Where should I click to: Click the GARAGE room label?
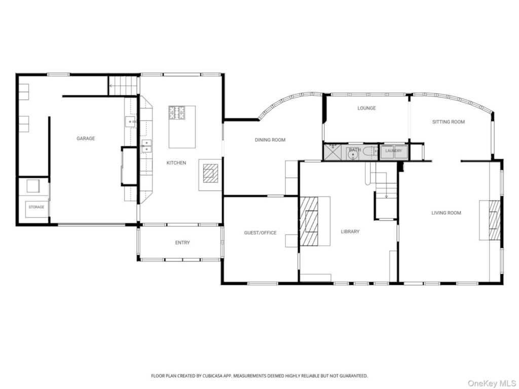[86, 138]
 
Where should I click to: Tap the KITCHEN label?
[176, 163]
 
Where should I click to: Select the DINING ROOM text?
[270, 140]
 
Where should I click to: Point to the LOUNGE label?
[366, 108]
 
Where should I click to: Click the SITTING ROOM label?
[449, 122]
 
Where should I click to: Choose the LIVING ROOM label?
[446, 213]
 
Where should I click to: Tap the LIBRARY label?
[350, 231]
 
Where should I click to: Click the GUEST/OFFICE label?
[260, 233]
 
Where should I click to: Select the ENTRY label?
[182, 243]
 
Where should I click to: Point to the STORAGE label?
[36, 207]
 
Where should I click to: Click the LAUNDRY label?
[393, 151]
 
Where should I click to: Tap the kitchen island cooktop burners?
[177, 112]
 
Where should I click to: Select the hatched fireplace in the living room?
[495, 220]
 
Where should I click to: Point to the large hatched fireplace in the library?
[309, 221]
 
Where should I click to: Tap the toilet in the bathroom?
[369, 152]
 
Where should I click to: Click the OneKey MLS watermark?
[492, 383]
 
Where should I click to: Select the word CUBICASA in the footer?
[212, 376]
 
